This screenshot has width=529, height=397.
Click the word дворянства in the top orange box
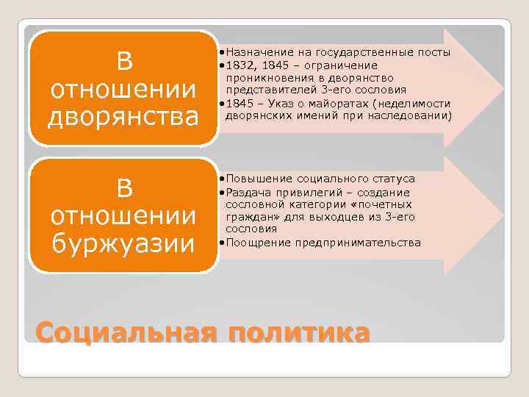[x=124, y=117]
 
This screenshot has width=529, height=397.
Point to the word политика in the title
[x=299, y=332]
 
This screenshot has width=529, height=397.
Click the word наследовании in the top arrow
[x=416, y=116]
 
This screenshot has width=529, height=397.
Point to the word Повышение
[x=256, y=179]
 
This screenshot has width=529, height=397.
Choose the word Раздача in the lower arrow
[x=248, y=191]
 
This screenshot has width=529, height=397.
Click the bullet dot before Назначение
[x=222, y=54]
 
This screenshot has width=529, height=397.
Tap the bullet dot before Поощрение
[x=222, y=243]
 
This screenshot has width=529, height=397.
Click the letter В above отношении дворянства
[x=124, y=62]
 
